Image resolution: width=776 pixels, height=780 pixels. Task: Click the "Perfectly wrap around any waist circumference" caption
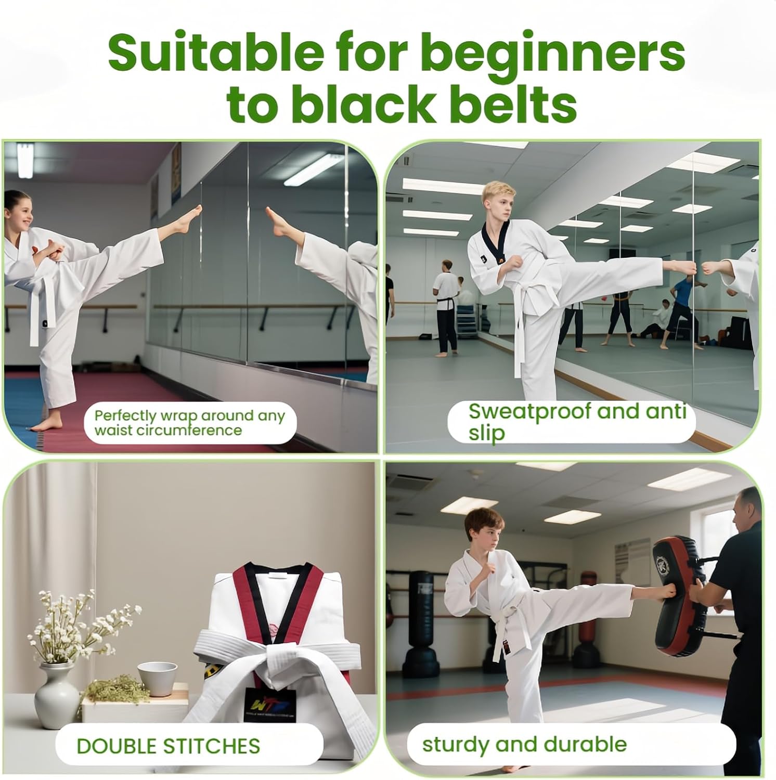(x=190, y=423)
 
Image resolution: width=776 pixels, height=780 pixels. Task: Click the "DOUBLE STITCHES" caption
(x=168, y=746)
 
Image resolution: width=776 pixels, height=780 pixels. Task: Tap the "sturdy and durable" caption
(x=524, y=744)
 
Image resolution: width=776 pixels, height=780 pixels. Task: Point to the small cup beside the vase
(x=154, y=678)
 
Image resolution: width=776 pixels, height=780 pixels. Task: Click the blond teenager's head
(x=498, y=201)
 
